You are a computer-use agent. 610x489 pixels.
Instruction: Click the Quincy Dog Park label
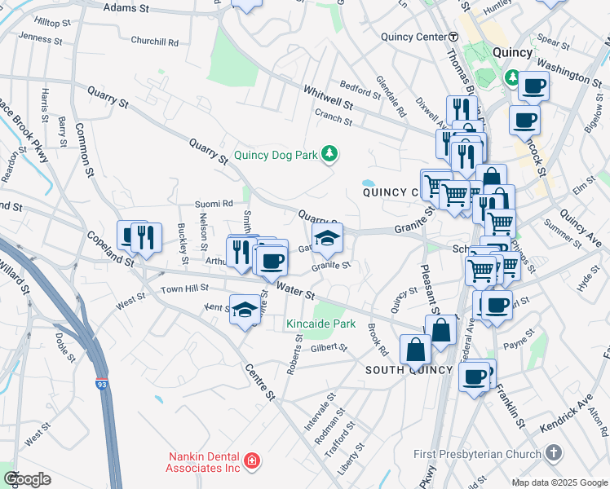pyautogui.click(x=277, y=154)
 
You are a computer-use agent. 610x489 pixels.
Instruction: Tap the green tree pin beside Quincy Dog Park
pyautogui.click(x=329, y=153)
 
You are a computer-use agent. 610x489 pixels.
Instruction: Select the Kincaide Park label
pyautogui.click(x=321, y=324)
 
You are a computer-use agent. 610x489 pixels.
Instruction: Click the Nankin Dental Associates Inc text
pyautogui.click(x=204, y=462)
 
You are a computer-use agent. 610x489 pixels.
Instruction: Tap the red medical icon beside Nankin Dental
pyautogui.click(x=252, y=462)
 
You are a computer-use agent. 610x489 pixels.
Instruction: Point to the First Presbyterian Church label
pyautogui.click(x=477, y=454)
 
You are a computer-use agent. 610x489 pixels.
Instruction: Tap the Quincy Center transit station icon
pyautogui.click(x=453, y=37)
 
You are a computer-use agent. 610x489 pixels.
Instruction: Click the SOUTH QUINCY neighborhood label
pyautogui.click(x=409, y=370)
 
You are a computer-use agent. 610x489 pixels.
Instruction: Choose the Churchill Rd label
pyautogui.click(x=154, y=41)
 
